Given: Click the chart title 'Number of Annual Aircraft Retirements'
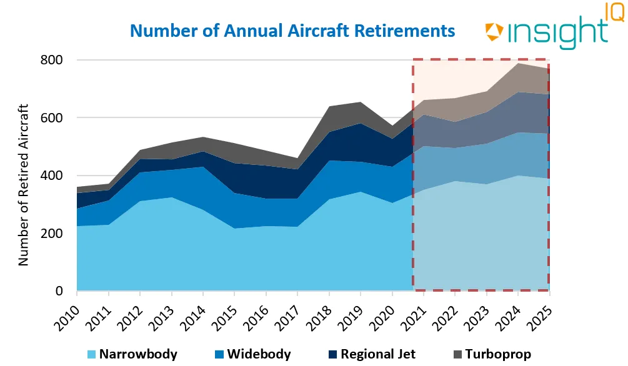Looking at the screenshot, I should coord(292,30).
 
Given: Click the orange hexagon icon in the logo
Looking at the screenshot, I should coord(494,32).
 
